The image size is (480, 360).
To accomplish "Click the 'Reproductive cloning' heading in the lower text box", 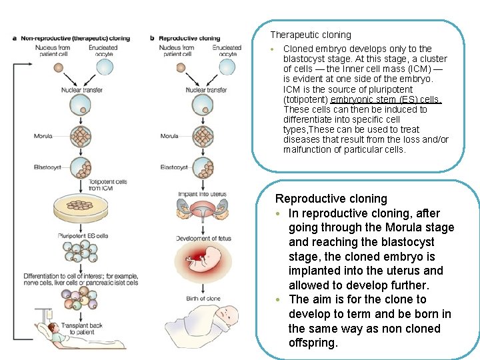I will (331, 199).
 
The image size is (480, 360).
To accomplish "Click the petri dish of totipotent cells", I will (82, 208).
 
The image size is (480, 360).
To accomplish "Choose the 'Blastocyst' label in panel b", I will (173, 167).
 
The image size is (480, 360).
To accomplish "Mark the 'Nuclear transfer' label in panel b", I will (206, 90).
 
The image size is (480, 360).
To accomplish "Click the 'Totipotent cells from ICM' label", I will (108, 184).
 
